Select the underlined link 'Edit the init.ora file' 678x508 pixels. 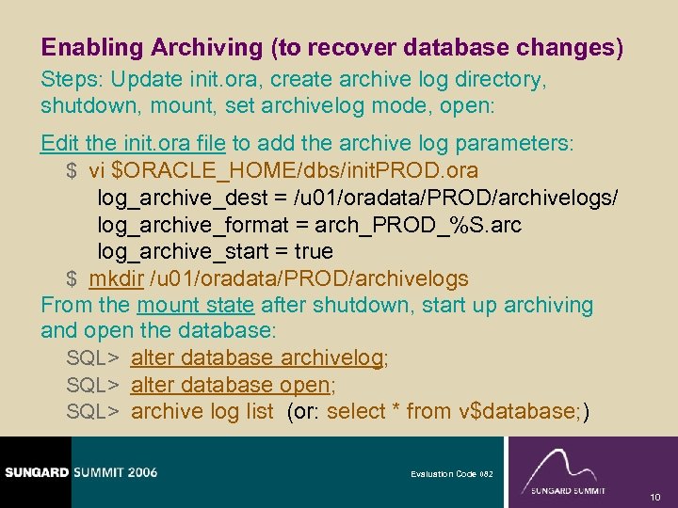(x=133, y=144)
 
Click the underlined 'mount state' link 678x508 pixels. (x=196, y=306)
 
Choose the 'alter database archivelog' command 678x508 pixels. (x=257, y=358)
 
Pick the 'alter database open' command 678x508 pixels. (x=232, y=386)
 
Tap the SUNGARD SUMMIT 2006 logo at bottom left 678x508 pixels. (x=79, y=472)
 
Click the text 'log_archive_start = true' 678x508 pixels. (x=215, y=252)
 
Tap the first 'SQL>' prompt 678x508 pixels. (x=91, y=358)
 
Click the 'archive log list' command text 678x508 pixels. (x=202, y=412)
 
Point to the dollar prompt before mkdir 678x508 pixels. (x=72, y=279)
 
